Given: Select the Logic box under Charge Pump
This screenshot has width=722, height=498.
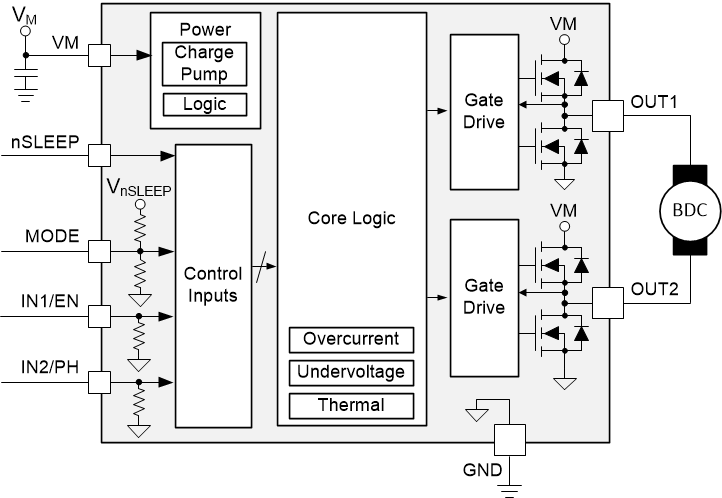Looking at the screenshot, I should point(204,104).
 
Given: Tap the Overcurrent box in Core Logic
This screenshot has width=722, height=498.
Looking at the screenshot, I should point(351,340).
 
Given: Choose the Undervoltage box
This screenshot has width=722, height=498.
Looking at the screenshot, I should point(351,373).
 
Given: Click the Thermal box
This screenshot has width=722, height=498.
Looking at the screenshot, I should point(351,405).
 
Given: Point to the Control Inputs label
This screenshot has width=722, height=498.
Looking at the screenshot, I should point(211,283).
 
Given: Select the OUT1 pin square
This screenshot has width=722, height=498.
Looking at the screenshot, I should point(607,117).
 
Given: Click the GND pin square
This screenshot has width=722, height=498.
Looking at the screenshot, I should point(510,438).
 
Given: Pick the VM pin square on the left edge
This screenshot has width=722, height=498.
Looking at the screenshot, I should point(100,56).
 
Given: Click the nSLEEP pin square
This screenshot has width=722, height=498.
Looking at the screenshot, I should point(100,155).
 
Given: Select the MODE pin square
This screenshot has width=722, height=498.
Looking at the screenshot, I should point(100,250).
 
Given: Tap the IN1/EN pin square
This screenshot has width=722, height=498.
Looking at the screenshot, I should point(100,316).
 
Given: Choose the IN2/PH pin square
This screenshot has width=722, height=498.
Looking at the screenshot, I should point(100,381).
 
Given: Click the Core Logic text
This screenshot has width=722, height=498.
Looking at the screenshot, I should point(351,218).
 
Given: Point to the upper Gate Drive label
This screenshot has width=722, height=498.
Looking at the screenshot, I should point(485,111).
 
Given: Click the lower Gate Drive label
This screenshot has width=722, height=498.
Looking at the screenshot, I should point(485,297).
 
